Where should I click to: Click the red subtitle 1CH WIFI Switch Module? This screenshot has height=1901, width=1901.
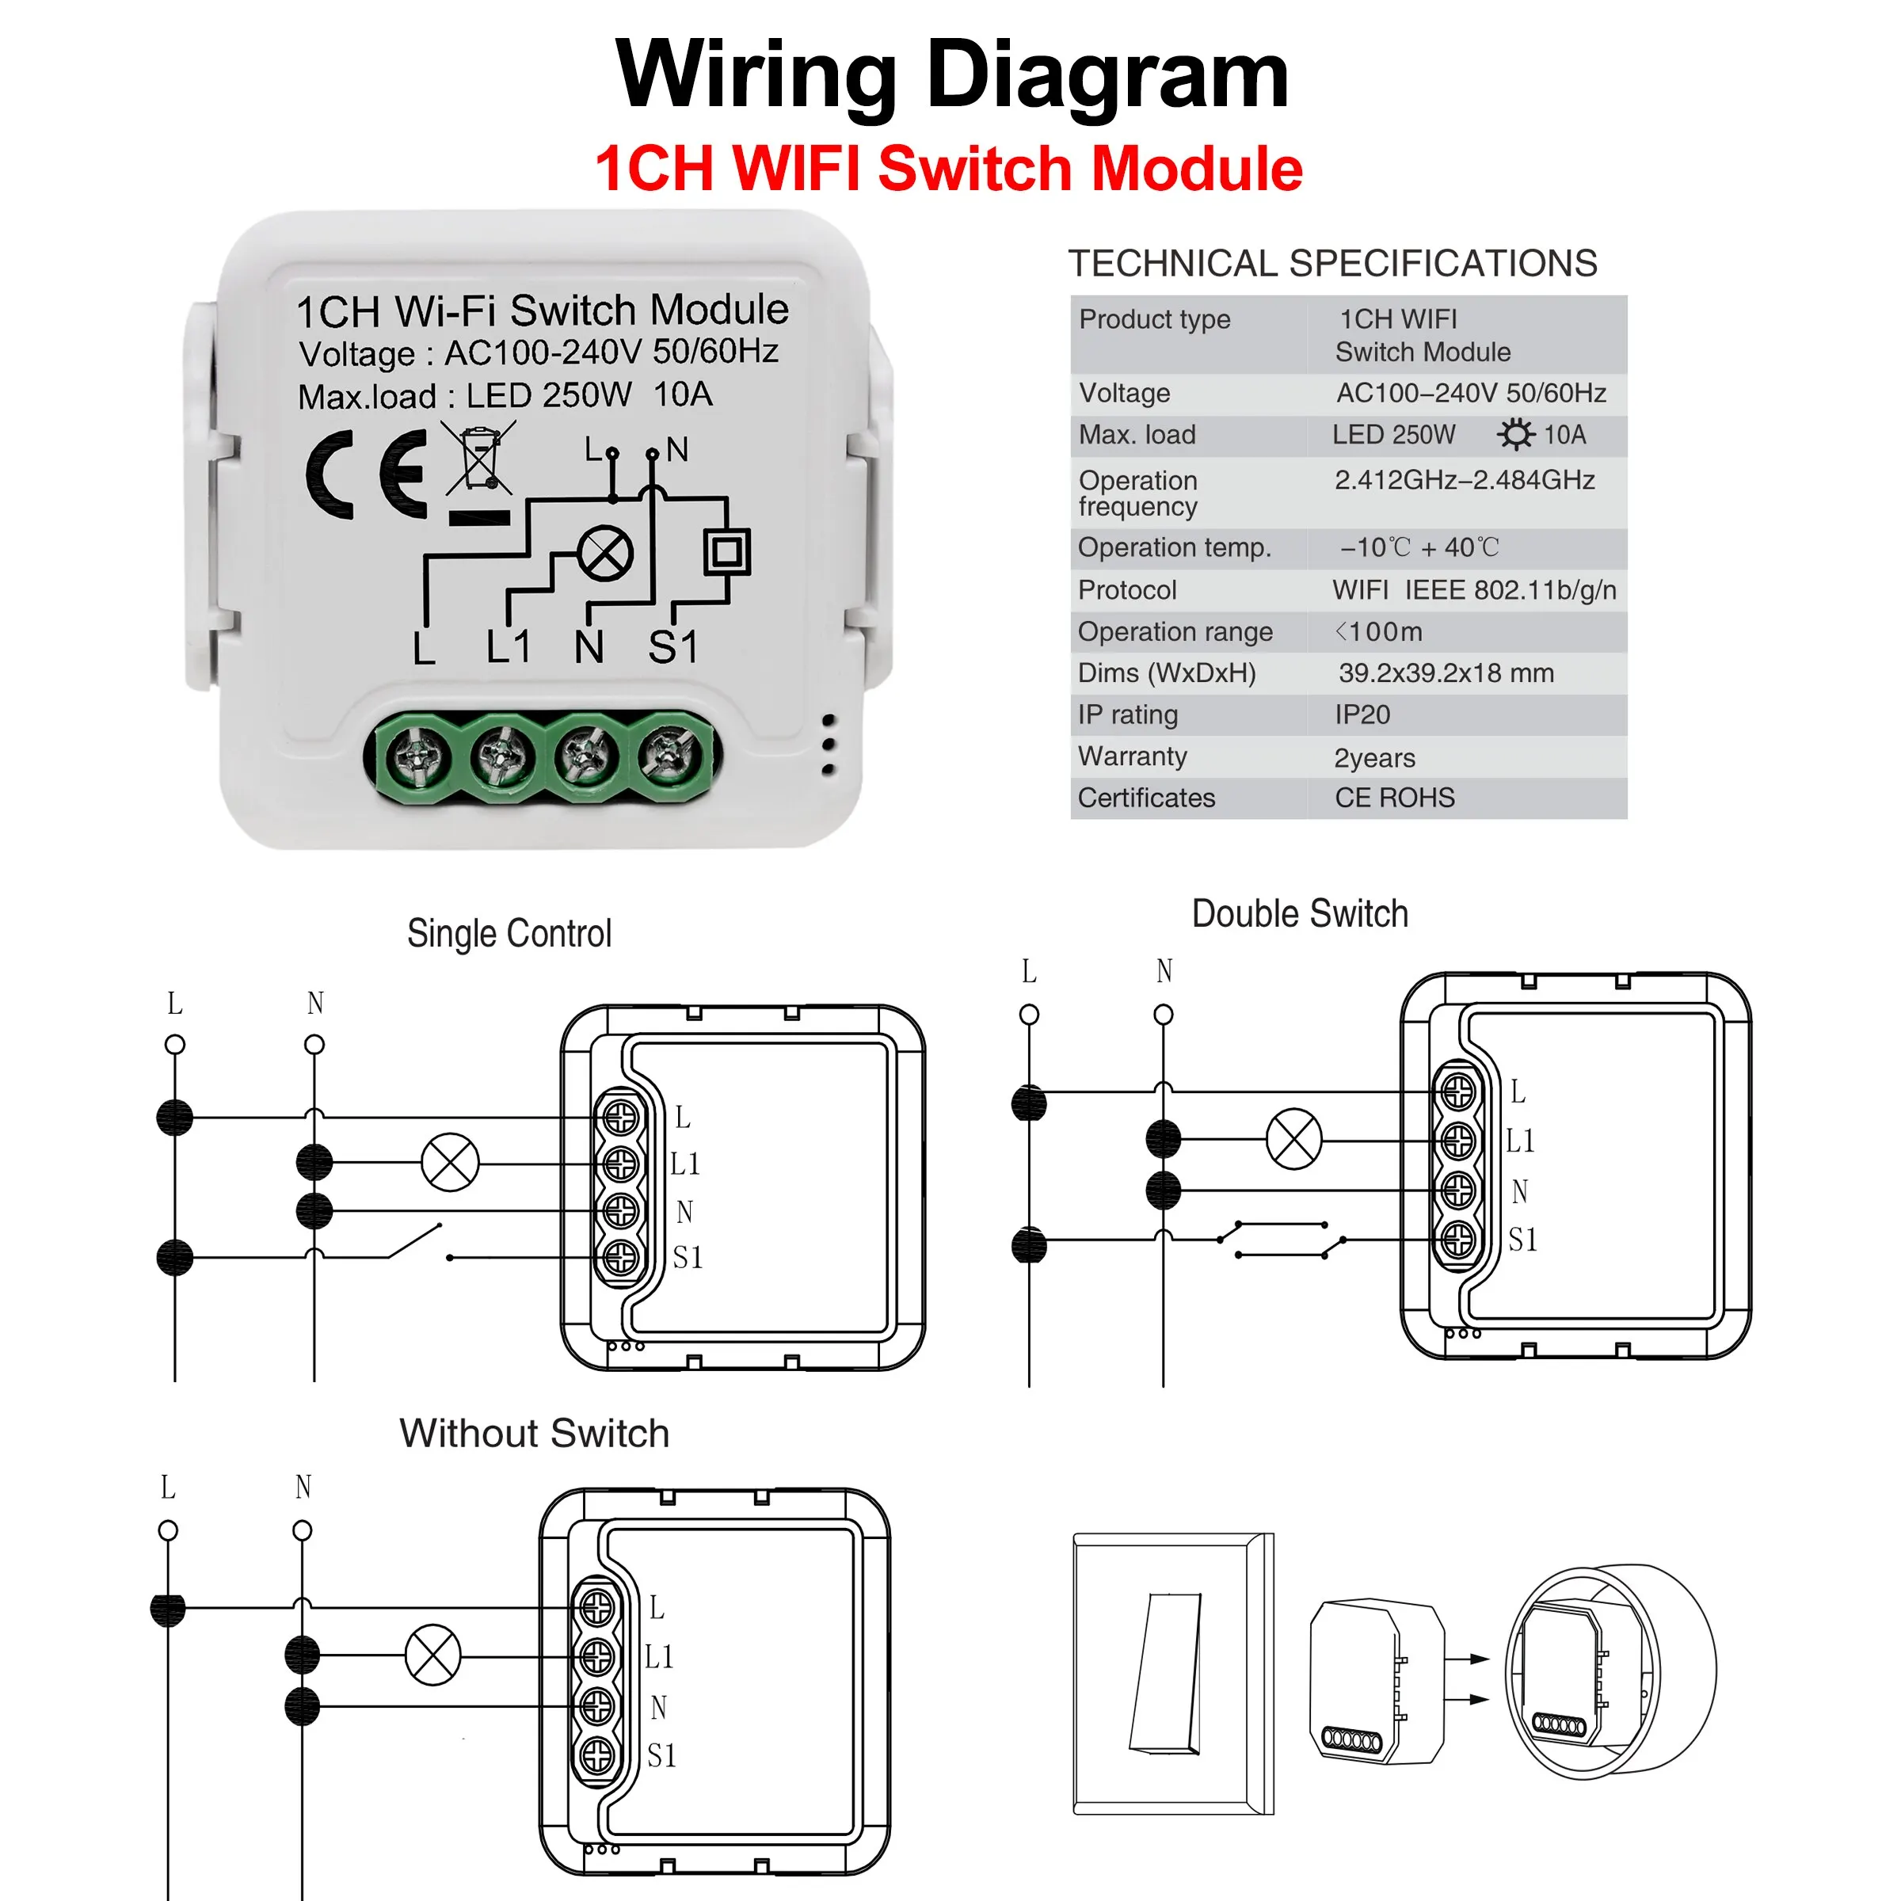click(x=949, y=168)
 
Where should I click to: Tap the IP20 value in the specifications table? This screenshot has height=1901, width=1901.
click(x=1362, y=715)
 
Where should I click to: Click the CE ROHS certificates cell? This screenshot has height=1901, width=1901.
click(x=1394, y=798)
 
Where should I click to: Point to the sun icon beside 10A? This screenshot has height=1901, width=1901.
click(x=1515, y=434)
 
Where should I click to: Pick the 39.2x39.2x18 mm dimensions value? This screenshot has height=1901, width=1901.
click(x=1446, y=673)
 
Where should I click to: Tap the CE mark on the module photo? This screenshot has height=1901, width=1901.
click(x=366, y=474)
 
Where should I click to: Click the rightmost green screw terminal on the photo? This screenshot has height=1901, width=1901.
click(x=671, y=755)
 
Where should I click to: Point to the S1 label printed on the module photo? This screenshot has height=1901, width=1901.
click(x=673, y=647)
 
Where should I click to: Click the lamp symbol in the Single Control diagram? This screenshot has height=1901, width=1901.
click(x=450, y=1162)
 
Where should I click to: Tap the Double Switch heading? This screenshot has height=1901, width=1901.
click(x=1299, y=913)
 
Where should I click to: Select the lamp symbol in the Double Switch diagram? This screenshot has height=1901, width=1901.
click(x=1294, y=1140)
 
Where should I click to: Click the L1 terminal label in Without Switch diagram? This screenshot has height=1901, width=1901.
click(x=659, y=1657)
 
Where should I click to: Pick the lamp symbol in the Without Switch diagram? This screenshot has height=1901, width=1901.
click(x=433, y=1655)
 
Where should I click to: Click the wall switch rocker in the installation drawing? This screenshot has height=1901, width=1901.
click(x=1167, y=1673)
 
